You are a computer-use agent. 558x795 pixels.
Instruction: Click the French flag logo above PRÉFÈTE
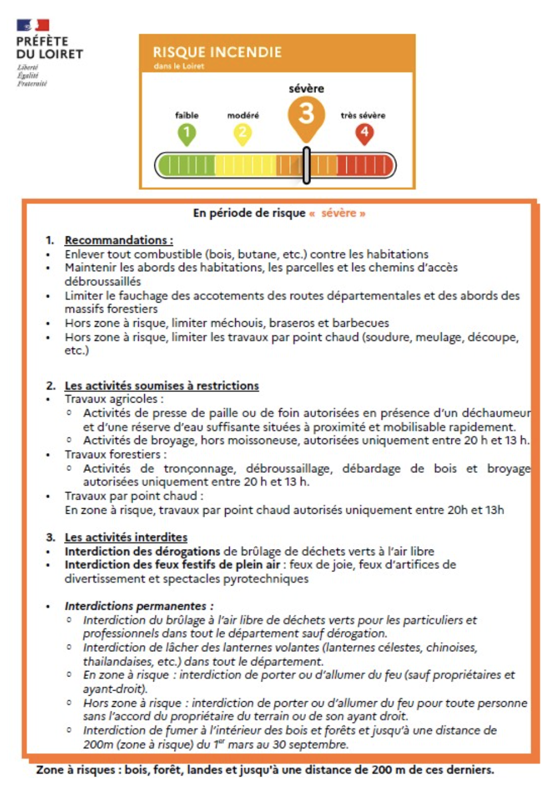tap(33, 25)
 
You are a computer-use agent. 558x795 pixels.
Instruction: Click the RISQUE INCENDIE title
tap(217, 52)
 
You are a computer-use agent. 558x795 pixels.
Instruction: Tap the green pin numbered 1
tap(187, 134)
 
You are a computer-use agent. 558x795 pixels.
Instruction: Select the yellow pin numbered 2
tap(243, 134)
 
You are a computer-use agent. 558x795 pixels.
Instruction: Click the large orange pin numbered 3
tap(306, 116)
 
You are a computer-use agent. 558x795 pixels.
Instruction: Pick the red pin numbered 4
tap(364, 134)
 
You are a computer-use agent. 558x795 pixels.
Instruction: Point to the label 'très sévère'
tap(363, 115)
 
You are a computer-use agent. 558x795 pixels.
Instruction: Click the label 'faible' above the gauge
tap(187, 115)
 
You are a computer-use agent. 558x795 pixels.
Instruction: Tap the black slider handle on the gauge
tap(307, 165)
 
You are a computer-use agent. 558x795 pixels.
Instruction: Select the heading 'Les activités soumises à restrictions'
tap(162, 386)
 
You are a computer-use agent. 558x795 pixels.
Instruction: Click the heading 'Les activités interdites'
tap(126, 537)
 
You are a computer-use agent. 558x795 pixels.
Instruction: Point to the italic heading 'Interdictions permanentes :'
tap(139, 606)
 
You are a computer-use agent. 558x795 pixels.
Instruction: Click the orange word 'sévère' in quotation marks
tap(339, 213)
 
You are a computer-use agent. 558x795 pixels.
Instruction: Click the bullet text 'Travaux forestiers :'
tap(116, 454)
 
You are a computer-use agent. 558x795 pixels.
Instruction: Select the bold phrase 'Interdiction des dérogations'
tap(142, 551)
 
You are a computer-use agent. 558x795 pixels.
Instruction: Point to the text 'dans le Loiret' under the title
tap(179, 66)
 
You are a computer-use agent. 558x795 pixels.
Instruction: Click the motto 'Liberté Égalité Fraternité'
tap(32, 76)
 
